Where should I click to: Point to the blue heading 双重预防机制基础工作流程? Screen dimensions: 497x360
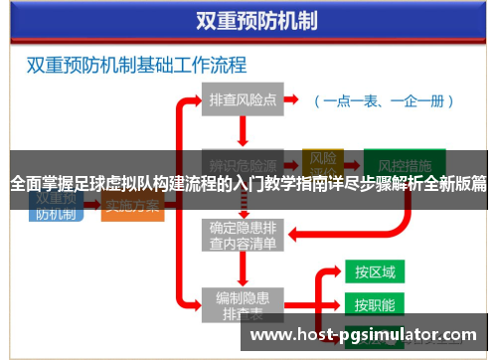pos(136,67)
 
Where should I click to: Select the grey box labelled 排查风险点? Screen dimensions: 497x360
pos(243,100)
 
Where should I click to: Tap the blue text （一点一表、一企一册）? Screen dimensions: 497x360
pos(384,100)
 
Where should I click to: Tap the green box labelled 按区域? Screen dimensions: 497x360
pos(375,271)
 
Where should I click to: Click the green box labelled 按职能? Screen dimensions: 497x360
pos(375,304)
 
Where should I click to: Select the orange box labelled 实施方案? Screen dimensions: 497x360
pos(133,206)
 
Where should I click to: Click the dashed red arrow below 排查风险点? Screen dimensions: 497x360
pos(243,130)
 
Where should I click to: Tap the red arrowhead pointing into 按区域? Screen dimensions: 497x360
pos(336,271)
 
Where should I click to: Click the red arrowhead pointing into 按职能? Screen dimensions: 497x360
pos(336,304)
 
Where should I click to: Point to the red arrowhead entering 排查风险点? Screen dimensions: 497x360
pos(197,100)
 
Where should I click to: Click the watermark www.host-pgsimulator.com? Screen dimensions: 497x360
pos(363,335)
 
